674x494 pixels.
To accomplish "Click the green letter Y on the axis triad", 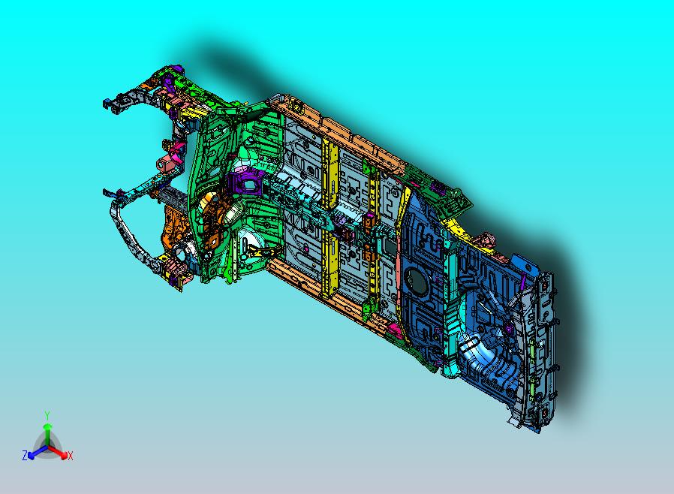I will [x=47, y=415].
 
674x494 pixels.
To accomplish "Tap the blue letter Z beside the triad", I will [x=25, y=455].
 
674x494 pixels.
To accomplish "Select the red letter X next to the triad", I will [x=70, y=456].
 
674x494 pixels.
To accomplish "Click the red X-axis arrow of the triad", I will [x=59, y=452].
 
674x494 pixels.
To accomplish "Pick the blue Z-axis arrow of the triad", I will [x=35, y=452].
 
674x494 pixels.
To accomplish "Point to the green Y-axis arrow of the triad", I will [x=47, y=432].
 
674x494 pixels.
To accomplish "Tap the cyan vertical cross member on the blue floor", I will [x=449, y=300].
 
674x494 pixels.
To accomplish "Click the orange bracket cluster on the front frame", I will [x=176, y=229].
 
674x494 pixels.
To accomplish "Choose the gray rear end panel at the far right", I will [x=543, y=345].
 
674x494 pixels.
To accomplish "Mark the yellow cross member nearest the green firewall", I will [x=329, y=218].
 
